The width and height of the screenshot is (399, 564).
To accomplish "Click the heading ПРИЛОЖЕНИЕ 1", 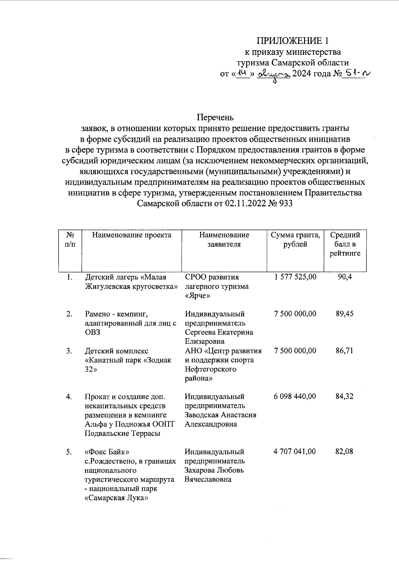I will point(293,41).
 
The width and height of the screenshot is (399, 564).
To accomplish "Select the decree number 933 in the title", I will point(285,203).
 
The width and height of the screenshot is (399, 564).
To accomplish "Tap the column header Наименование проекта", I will point(132,235).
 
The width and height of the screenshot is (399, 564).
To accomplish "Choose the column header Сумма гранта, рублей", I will point(295,240).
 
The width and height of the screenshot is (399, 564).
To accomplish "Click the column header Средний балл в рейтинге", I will point(345,244).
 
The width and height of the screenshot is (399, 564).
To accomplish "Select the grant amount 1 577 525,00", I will point(295,277).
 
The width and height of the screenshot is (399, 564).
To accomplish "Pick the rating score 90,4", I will point(345,277).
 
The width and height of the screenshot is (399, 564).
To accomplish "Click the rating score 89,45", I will point(344,314).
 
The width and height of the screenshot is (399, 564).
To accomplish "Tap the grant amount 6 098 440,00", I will point(295,396).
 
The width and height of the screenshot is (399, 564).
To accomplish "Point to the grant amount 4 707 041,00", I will point(295,452).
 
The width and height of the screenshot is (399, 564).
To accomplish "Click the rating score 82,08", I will point(344,452).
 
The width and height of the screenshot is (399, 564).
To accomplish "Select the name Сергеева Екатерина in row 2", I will point(219,332).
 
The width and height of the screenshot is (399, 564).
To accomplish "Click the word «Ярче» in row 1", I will point(196,295).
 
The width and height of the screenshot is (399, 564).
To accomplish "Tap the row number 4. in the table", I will point(69,396).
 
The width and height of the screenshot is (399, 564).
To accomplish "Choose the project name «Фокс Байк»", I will point(107,452).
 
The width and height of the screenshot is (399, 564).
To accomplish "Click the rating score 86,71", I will point(344,351).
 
